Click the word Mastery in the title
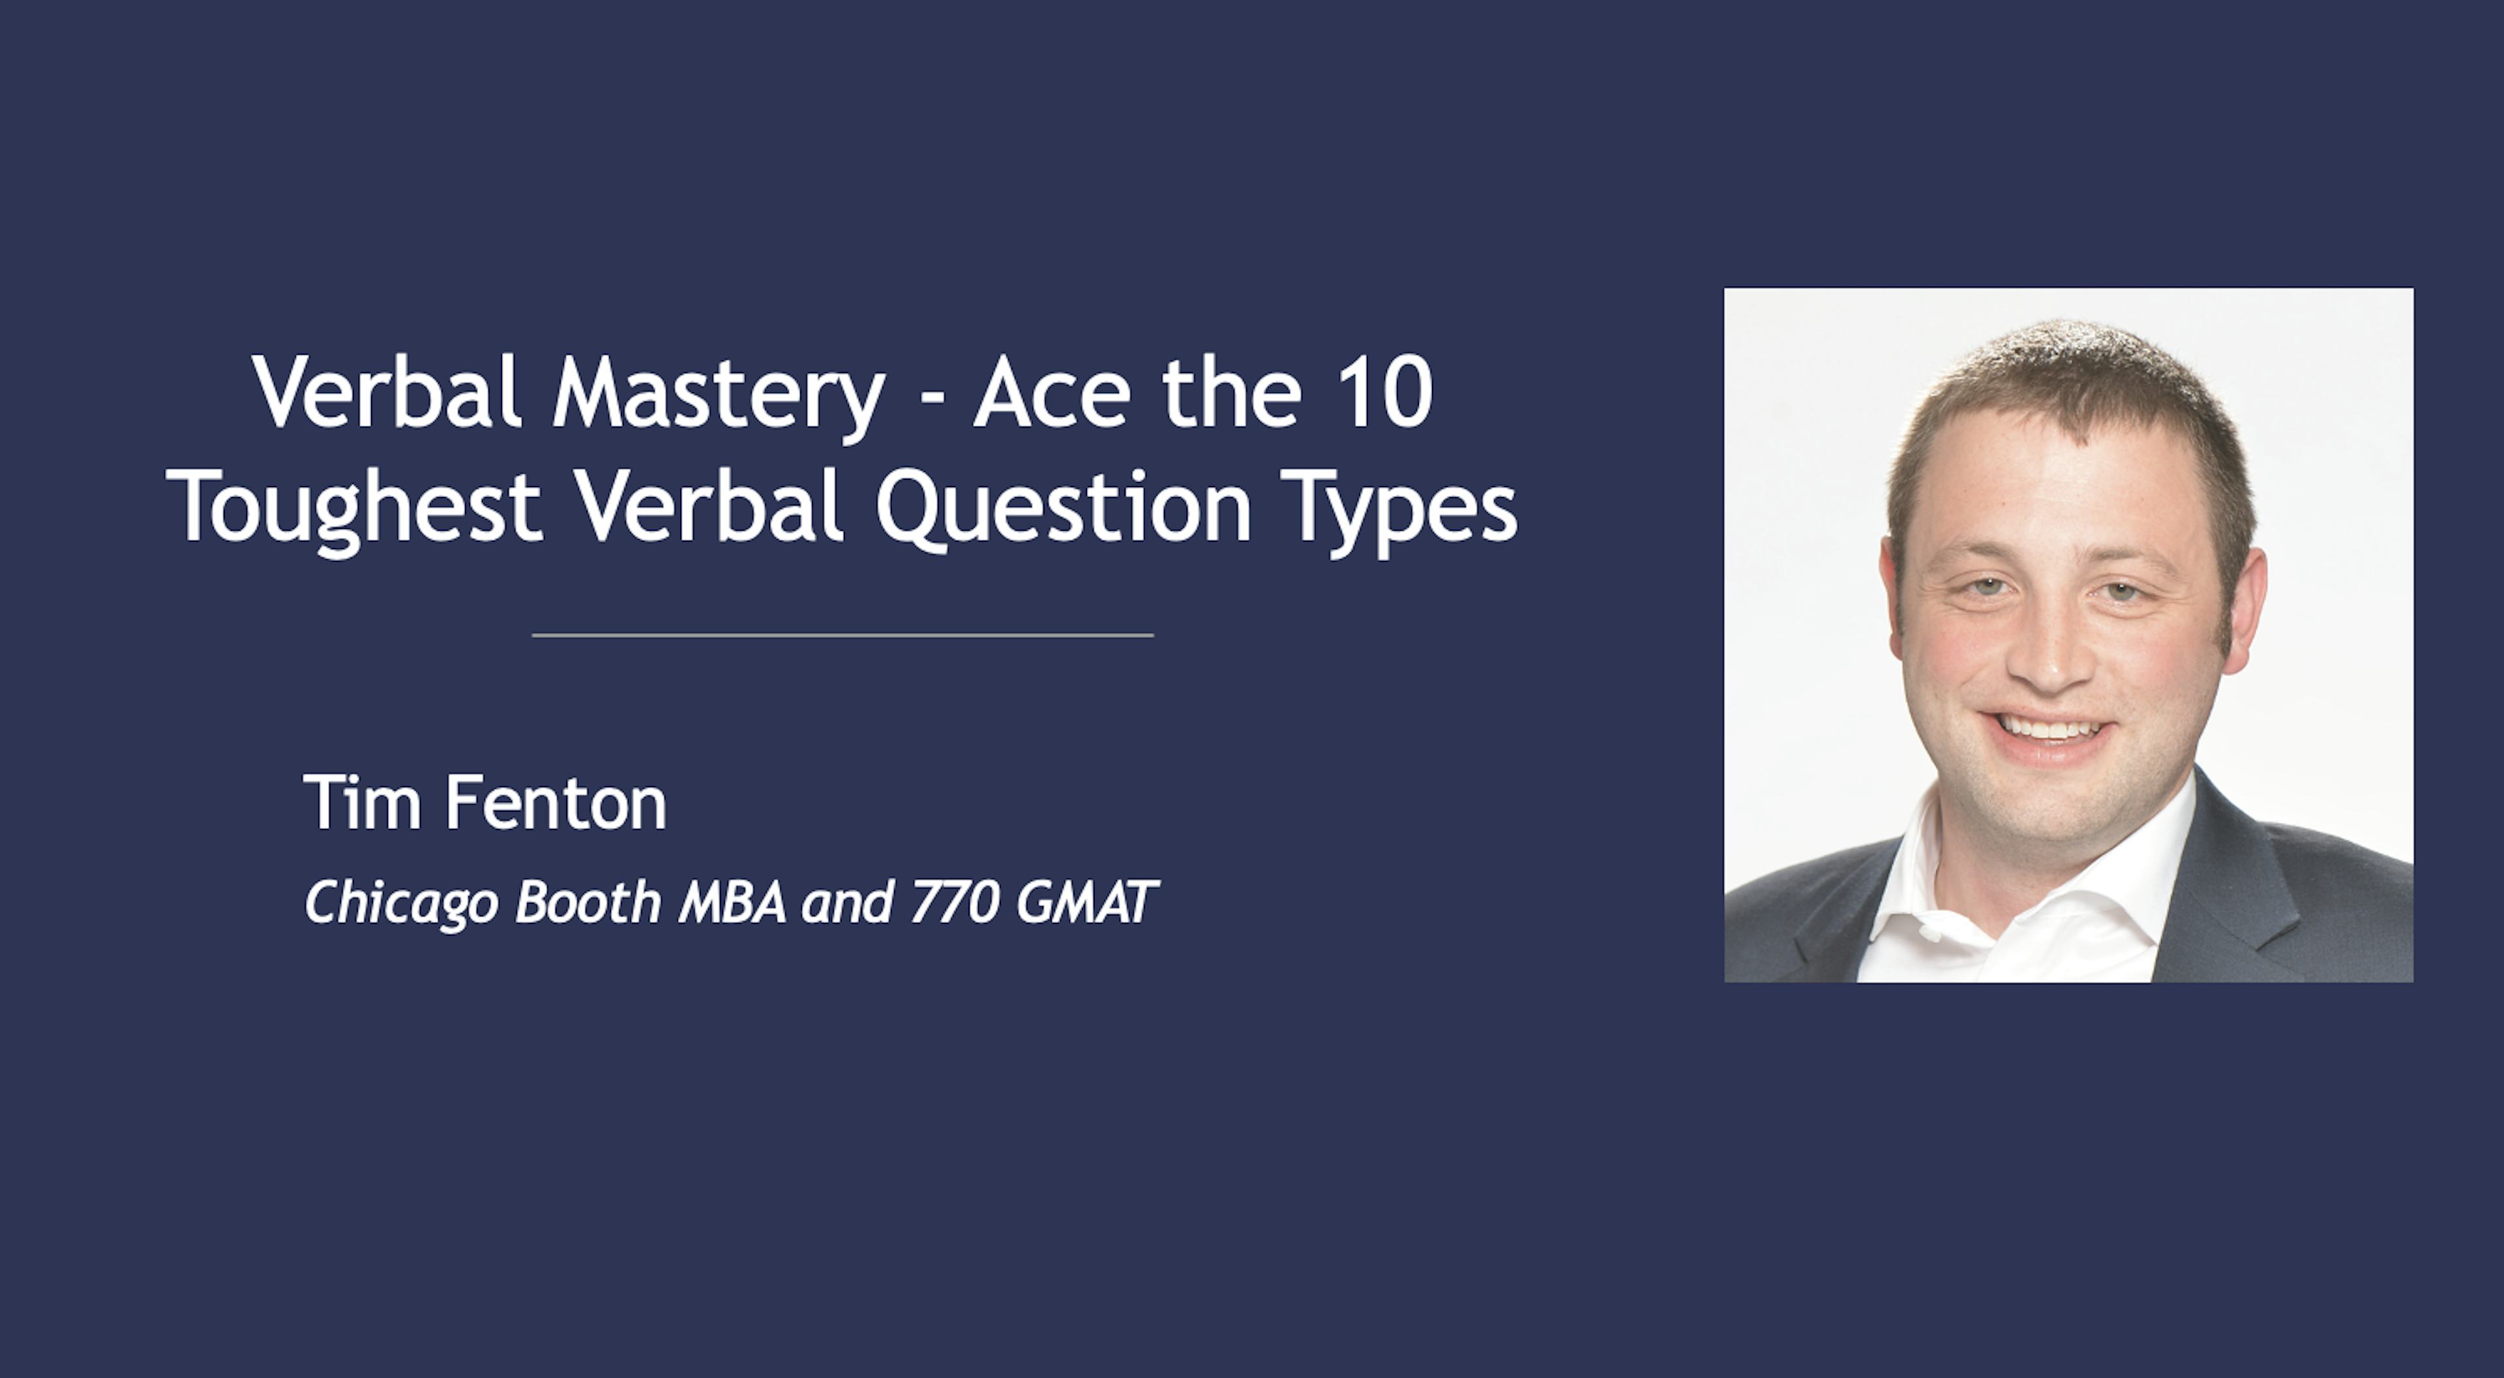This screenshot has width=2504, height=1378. tap(717, 394)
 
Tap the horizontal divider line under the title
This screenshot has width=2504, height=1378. tap(842, 635)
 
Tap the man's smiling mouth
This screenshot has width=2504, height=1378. tap(2047, 729)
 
